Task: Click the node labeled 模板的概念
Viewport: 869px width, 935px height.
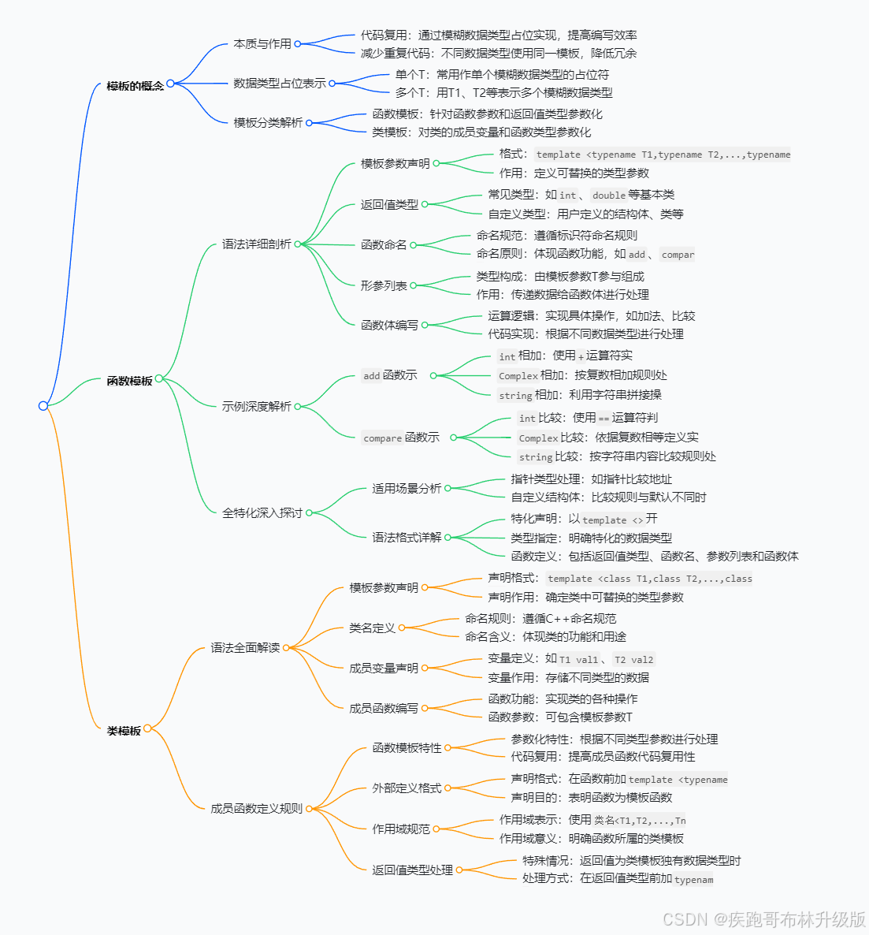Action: (x=135, y=85)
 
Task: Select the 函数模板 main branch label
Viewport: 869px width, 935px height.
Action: (x=129, y=381)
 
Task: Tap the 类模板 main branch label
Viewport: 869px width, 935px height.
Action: (x=124, y=731)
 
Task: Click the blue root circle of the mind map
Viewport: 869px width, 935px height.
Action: (x=43, y=406)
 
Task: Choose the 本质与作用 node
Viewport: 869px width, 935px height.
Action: (x=262, y=44)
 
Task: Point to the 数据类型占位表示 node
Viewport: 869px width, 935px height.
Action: (x=279, y=83)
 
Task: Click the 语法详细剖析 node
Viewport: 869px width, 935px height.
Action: (x=256, y=244)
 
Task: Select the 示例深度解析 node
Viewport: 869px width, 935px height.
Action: (x=256, y=406)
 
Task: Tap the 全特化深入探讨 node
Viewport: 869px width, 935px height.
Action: (x=262, y=512)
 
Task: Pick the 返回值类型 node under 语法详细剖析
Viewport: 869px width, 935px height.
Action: (x=389, y=204)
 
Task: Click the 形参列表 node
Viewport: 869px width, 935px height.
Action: (x=384, y=285)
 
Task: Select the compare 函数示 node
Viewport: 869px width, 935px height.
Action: (x=401, y=438)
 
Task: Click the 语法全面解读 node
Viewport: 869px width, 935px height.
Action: (x=245, y=647)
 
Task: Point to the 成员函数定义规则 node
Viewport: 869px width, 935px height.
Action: (x=256, y=808)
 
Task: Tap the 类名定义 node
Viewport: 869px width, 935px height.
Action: (x=372, y=628)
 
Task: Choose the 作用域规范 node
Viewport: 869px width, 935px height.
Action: (x=401, y=829)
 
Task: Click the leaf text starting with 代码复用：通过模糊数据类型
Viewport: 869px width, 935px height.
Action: (x=499, y=35)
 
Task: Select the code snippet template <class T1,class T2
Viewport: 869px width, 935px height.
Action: (x=649, y=579)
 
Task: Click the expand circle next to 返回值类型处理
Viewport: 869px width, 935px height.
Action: (x=459, y=870)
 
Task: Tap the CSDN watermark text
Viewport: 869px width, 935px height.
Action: (x=763, y=919)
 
